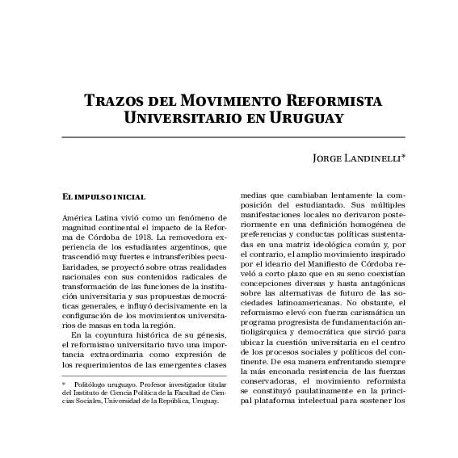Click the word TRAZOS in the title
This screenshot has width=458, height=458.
click(114, 103)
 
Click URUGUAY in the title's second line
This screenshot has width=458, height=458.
click(306, 119)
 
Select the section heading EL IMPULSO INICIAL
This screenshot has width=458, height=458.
click(103, 196)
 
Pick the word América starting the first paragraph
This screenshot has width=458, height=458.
click(78, 218)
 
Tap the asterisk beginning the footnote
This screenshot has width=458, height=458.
click(65, 385)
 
